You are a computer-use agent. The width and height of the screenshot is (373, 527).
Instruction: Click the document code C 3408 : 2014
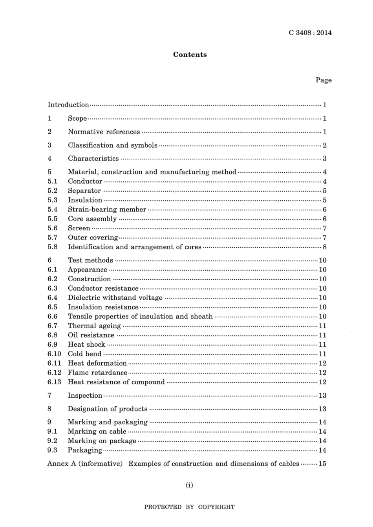310,33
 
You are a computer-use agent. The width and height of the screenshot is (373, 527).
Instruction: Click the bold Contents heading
190,55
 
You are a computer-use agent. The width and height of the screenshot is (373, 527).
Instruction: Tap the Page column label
324,80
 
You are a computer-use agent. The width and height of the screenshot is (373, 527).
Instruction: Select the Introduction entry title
68,105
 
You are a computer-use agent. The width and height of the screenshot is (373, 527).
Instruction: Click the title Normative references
104,132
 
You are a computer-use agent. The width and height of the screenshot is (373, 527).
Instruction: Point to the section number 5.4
53,209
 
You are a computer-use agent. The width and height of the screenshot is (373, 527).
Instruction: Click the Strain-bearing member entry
107,209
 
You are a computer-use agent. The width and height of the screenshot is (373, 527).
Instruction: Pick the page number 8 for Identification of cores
324,247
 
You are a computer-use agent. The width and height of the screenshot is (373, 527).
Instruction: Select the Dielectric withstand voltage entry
115,298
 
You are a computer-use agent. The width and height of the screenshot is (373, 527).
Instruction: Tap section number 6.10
54,354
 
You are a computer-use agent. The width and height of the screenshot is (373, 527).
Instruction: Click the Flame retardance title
97,373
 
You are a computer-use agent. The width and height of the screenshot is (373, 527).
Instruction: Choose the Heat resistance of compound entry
116,382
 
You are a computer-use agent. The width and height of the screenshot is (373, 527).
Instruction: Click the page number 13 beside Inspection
322,395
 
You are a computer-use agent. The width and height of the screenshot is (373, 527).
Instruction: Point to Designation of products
108,409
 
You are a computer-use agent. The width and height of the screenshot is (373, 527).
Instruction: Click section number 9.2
53,441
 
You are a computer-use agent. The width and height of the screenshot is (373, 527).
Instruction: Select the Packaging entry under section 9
85,450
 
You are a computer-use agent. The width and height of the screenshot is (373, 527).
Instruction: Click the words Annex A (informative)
85,464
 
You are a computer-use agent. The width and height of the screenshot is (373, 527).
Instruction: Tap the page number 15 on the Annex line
322,464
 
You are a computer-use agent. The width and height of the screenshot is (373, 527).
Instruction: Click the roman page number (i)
189,485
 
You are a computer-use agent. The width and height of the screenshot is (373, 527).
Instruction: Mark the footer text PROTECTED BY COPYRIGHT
189,507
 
